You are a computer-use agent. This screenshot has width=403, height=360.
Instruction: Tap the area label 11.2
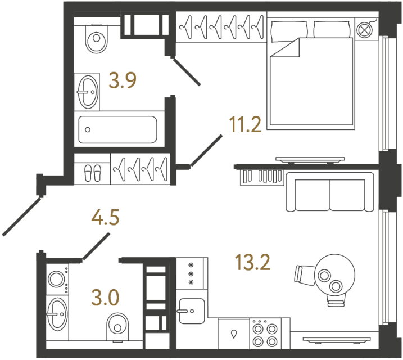click(x=246, y=124)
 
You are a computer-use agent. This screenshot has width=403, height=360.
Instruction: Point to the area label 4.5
click(x=106, y=218)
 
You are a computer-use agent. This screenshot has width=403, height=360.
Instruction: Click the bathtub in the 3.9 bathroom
click(x=119, y=131)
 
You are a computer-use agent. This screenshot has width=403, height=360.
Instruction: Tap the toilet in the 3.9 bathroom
click(x=97, y=38)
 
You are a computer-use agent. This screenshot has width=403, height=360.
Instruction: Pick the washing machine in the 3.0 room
click(x=57, y=280)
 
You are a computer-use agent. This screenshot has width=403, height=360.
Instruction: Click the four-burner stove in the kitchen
click(x=264, y=334)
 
